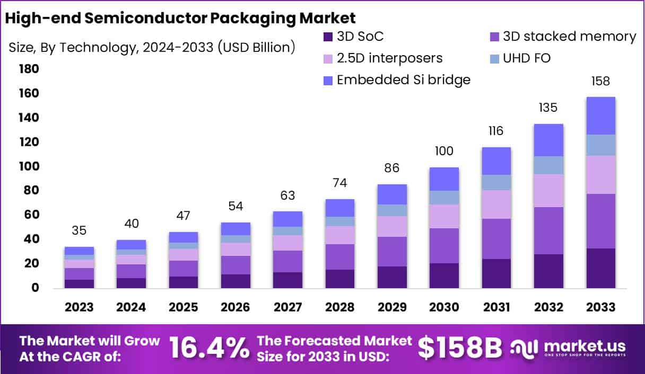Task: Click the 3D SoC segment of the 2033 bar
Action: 601,268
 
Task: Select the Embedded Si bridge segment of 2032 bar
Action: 549,140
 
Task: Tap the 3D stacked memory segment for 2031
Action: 496,238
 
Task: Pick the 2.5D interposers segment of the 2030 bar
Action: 444,216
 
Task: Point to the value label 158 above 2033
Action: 601,81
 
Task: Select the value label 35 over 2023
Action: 80,230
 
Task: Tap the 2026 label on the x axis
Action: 236,307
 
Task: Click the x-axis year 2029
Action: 392,307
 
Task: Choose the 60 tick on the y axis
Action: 30,215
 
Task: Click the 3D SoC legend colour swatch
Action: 328,37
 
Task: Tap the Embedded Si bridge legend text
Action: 403,80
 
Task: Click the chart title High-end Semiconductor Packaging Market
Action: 180,17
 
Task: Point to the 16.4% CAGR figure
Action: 209,348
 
